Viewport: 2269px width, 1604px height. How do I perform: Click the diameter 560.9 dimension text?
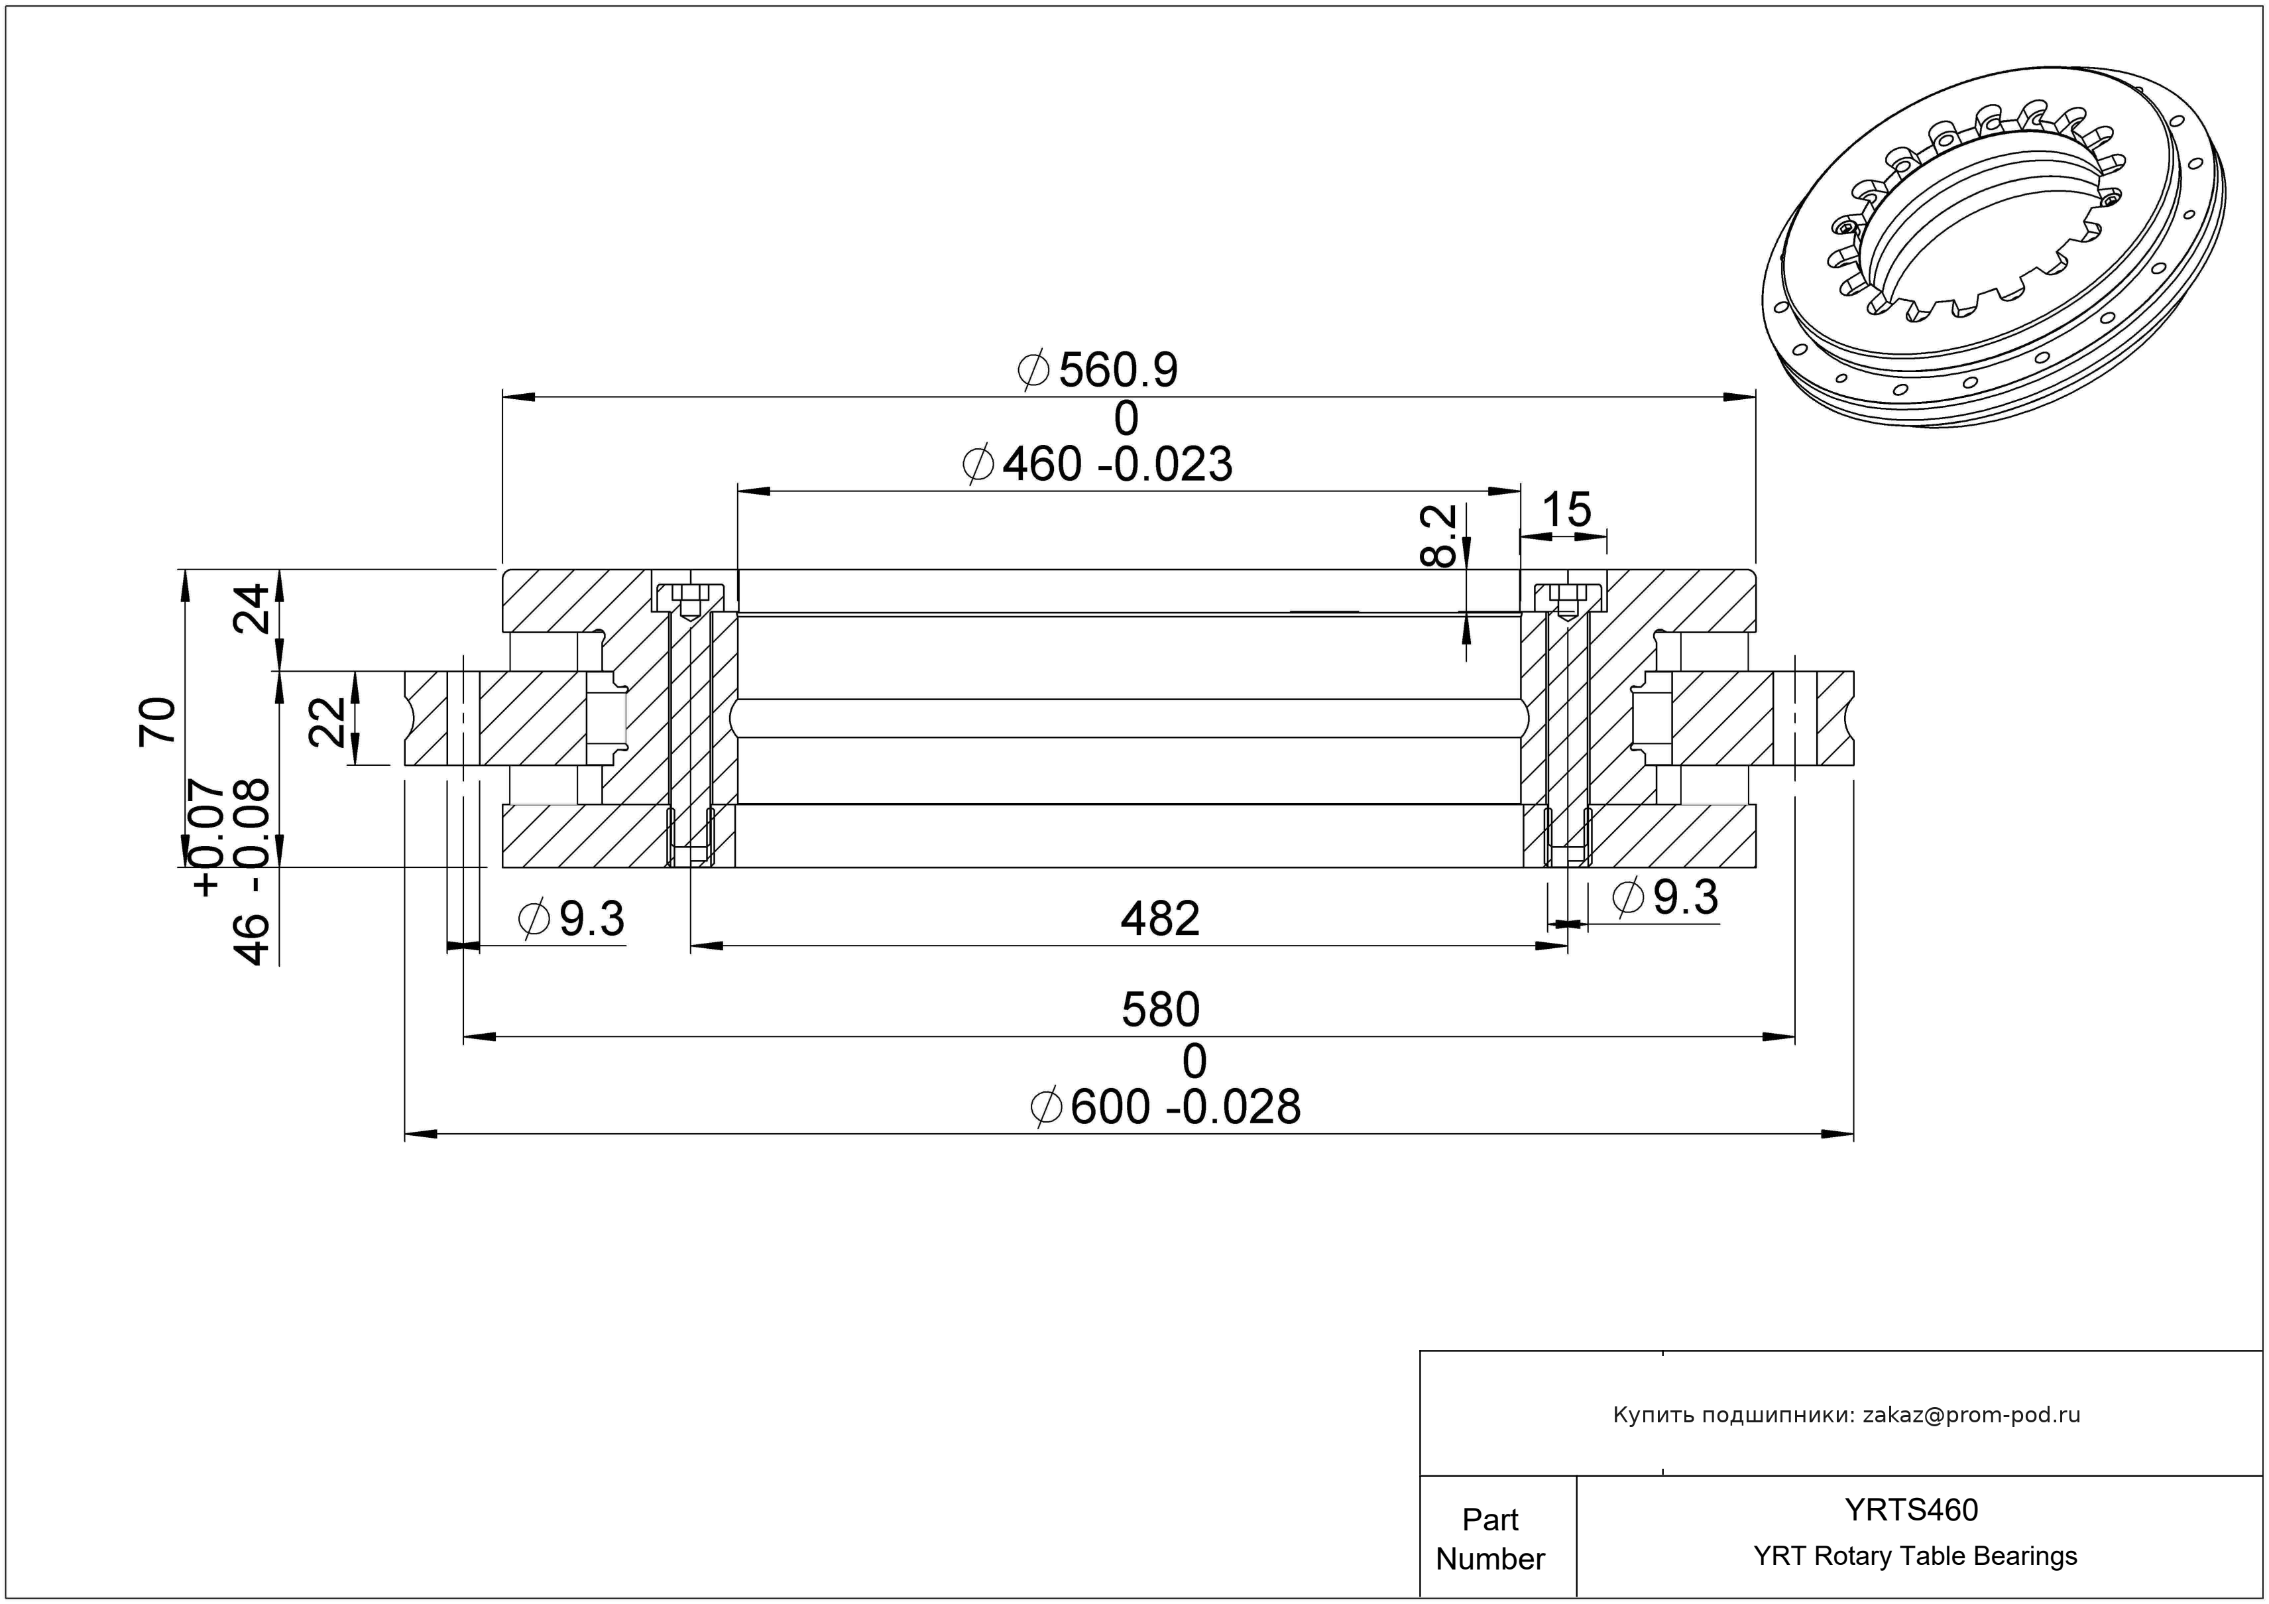(x=1097, y=371)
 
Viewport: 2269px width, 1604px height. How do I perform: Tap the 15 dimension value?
(x=1566, y=510)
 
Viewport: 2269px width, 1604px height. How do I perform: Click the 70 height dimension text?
(x=158, y=721)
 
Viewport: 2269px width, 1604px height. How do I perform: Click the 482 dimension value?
(x=1160, y=919)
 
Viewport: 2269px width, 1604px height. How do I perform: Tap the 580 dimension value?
(x=1160, y=1010)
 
